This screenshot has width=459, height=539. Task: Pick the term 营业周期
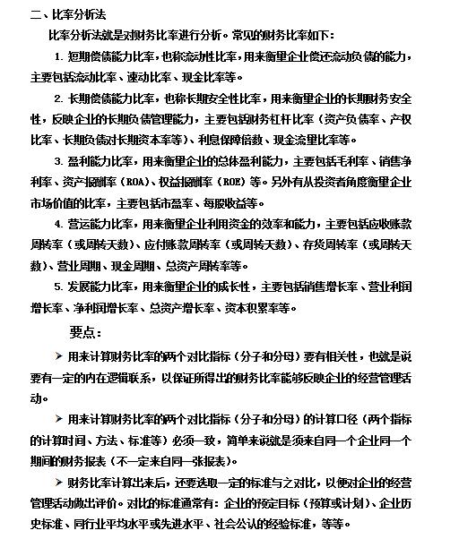pos(74,265)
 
